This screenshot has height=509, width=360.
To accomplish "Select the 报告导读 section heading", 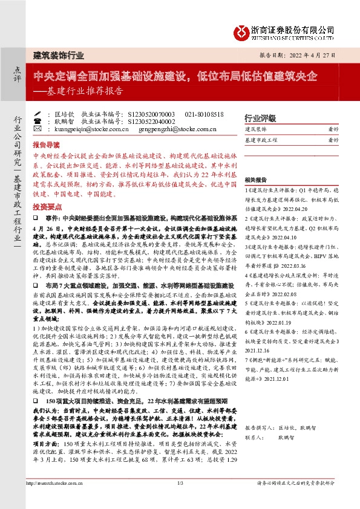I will [x=47, y=146].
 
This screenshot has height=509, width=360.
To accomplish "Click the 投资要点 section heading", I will [x=47, y=206].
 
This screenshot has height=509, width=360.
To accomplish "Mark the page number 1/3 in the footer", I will [x=180, y=500].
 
